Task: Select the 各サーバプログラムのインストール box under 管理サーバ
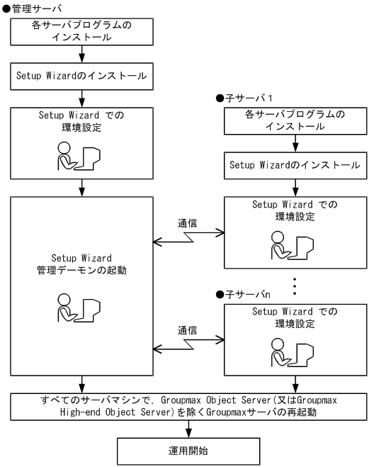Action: point(83,33)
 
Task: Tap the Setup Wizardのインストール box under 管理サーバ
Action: point(83,74)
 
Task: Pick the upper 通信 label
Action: point(188,222)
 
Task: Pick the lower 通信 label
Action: point(188,330)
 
